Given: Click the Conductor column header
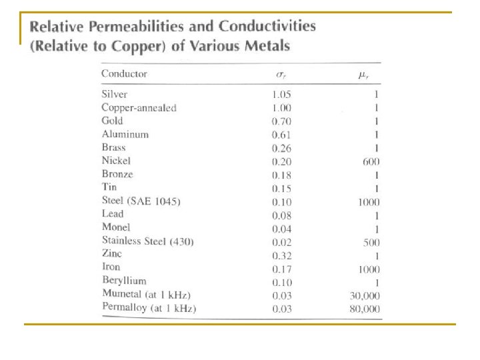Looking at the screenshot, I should (x=124, y=74).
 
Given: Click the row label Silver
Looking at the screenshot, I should (x=115, y=94).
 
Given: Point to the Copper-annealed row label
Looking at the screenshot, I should (x=139, y=107).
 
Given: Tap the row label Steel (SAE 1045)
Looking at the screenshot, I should (x=141, y=201).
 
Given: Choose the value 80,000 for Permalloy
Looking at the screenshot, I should (x=364, y=308).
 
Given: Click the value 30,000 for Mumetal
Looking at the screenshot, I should (x=364, y=294).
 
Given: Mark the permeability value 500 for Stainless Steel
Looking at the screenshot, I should (x=372, y=242).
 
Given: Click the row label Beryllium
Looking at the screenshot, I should (x=124, y=281).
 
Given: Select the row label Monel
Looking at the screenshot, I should (x=116, y=227).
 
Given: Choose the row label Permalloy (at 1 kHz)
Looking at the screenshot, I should (x=149, y=308).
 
